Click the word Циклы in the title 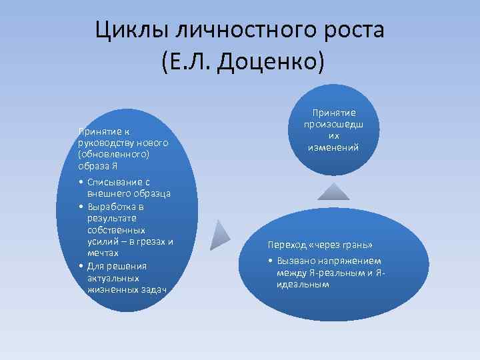click(127, 30)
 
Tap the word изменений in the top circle click(334, 147)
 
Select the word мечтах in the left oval click(103, 253)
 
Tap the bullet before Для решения click(80, 266)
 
